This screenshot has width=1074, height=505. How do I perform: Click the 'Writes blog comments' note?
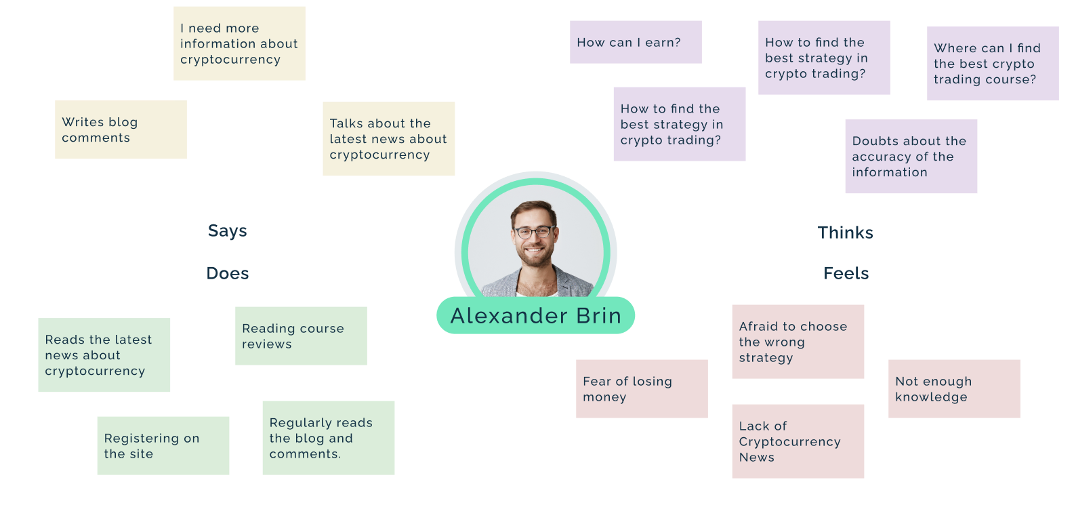121,129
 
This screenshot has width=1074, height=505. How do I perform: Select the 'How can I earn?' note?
636,42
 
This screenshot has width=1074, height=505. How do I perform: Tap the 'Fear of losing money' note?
642,389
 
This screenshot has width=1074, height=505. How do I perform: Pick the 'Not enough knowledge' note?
954,389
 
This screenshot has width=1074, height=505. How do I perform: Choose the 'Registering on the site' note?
163,446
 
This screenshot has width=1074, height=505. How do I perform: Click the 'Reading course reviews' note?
301,336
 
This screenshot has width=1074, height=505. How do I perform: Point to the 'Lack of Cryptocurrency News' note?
798,441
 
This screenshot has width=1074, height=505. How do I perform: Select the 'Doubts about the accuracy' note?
911,157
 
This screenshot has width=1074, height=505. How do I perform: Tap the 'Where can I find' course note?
993,63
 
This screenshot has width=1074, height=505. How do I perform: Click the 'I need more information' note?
240,43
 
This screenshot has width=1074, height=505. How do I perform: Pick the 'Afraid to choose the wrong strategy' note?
798,342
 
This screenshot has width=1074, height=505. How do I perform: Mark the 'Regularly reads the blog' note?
329,439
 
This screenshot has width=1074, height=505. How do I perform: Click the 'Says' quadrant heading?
227,230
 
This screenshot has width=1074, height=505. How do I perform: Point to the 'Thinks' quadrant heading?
845,233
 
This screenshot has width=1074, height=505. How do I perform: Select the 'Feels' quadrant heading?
846,273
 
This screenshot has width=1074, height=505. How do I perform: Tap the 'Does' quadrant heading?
228,273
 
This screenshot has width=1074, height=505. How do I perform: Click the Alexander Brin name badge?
535,316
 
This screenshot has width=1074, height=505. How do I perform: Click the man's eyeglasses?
535,232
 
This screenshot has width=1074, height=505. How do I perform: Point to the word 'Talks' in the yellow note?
347,123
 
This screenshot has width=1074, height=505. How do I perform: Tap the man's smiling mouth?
534,250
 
